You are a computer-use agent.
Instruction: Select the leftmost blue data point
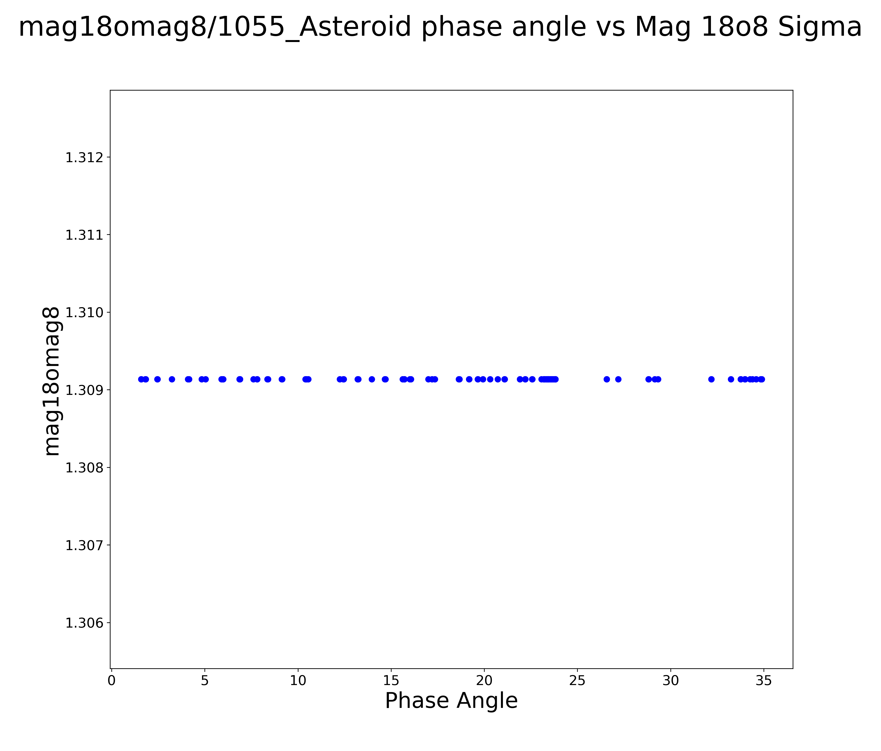(x=141, y=379)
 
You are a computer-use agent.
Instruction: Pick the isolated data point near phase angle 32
(x=711, y=379)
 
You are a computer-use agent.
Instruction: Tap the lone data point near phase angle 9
(x=282, y=379)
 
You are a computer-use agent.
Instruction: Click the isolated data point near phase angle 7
(x=240, y=379)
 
